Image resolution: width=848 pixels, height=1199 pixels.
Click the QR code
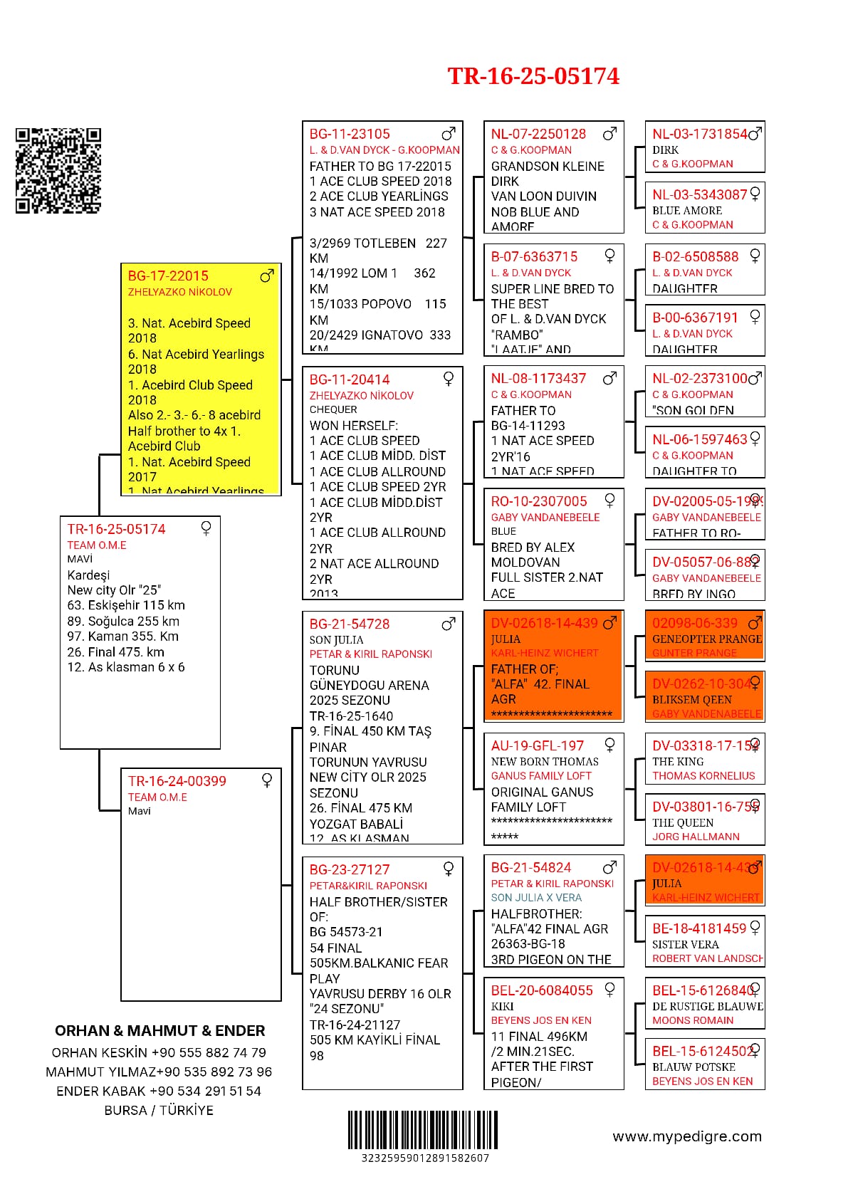coord(58,171)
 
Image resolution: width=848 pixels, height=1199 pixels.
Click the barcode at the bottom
coord(423,1129)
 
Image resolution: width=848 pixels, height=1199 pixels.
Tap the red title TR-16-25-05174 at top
coord(533,76)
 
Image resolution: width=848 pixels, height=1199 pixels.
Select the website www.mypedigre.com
coord(687,1136)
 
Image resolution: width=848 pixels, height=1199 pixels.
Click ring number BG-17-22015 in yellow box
coord(168,276)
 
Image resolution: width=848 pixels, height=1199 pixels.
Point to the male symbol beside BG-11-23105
coord(449,134)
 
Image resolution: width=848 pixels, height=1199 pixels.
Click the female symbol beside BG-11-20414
coord(449,379)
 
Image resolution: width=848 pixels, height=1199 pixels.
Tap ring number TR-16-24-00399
coord(177,781)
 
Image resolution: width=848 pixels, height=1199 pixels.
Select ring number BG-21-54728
coord(350,624)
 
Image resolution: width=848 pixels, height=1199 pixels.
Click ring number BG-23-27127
coord(350,870)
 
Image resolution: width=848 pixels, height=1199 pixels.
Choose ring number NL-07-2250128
coord(538,134)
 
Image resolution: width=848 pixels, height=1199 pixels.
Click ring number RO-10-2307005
coord(539,501)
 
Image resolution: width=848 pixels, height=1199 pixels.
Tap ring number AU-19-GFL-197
coord(538,746)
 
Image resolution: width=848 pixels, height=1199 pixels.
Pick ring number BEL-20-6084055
coord(542,990)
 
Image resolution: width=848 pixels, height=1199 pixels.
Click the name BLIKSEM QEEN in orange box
coord(687,700)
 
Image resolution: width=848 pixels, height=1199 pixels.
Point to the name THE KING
coord(678,762)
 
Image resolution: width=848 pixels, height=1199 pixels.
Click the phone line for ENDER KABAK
coord(159,1091)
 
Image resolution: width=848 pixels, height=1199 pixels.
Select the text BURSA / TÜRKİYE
coord(159,1110)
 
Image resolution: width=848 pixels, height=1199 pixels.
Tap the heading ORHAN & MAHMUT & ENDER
coord(159,1031)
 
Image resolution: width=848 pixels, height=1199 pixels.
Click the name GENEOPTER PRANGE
coord(707,639)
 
